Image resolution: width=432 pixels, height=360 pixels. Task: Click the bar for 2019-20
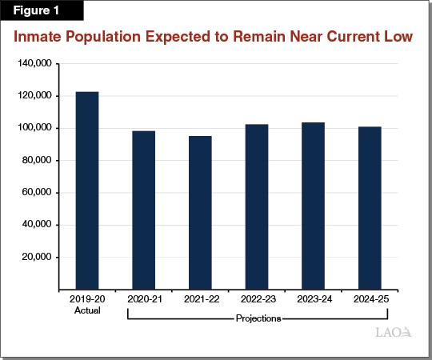(x=87, y=190)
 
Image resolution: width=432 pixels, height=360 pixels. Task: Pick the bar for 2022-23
(x=257, y=206)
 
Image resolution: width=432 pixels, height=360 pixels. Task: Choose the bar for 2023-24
(x=313, y=206)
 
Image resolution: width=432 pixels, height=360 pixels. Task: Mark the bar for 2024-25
(x=370, y=208)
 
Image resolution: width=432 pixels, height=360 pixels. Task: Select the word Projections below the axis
(x=257, y=318)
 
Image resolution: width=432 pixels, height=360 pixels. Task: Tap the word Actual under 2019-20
(x=87, y=310)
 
